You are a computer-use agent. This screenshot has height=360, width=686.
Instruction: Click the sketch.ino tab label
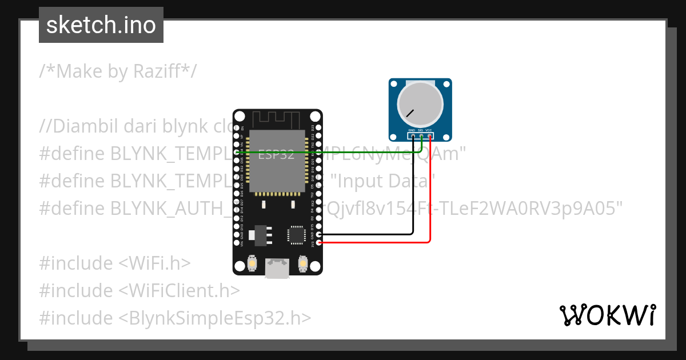tap(101, 25)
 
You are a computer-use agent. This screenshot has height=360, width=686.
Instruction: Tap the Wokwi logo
tap(607, 315)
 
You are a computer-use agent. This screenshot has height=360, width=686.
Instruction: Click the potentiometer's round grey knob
tap(420, 103)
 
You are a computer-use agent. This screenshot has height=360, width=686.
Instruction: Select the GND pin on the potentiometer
tap(412, 136)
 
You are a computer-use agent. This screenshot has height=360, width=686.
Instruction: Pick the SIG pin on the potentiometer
tap(420, 136)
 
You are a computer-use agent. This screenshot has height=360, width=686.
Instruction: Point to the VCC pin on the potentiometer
tap(429, 136)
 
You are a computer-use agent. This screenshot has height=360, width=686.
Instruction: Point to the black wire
tap(413, 194)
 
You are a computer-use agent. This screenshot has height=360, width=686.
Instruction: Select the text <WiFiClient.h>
tap(179, 290)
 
